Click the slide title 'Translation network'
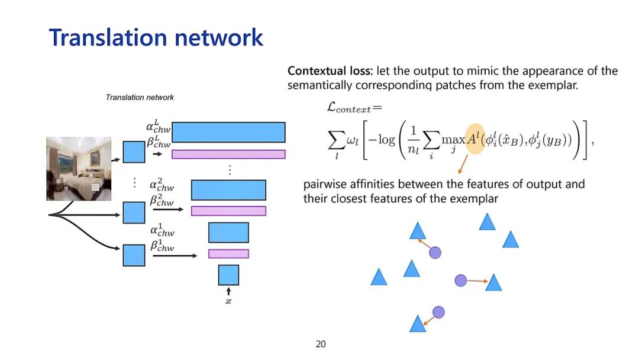pyautogui.click(x=156, y=37)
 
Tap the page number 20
pyautogui.click(x=321, y=344)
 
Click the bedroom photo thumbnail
pyautogui.click(x=79, y=169)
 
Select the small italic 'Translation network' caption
pyautogui.click(x=140, y=97)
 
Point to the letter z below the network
pyautogui.click(x=228, y=301)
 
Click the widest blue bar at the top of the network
pyautogui.click(x=228, y=132)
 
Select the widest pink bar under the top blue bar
pyautogui.click(x=228, y=155)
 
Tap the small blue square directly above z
pyautogui.click(x=228, y=275)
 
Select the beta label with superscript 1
pyautogui.click(x=162, y=245)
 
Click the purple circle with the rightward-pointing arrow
pyautogui.click(x=461, y=280)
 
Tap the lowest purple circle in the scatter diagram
pyautogui.click(x=438, y=312)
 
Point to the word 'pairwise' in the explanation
pyautogui.click(x=326, y=184)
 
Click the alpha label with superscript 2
pyautogui.click(x=162, y=185)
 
